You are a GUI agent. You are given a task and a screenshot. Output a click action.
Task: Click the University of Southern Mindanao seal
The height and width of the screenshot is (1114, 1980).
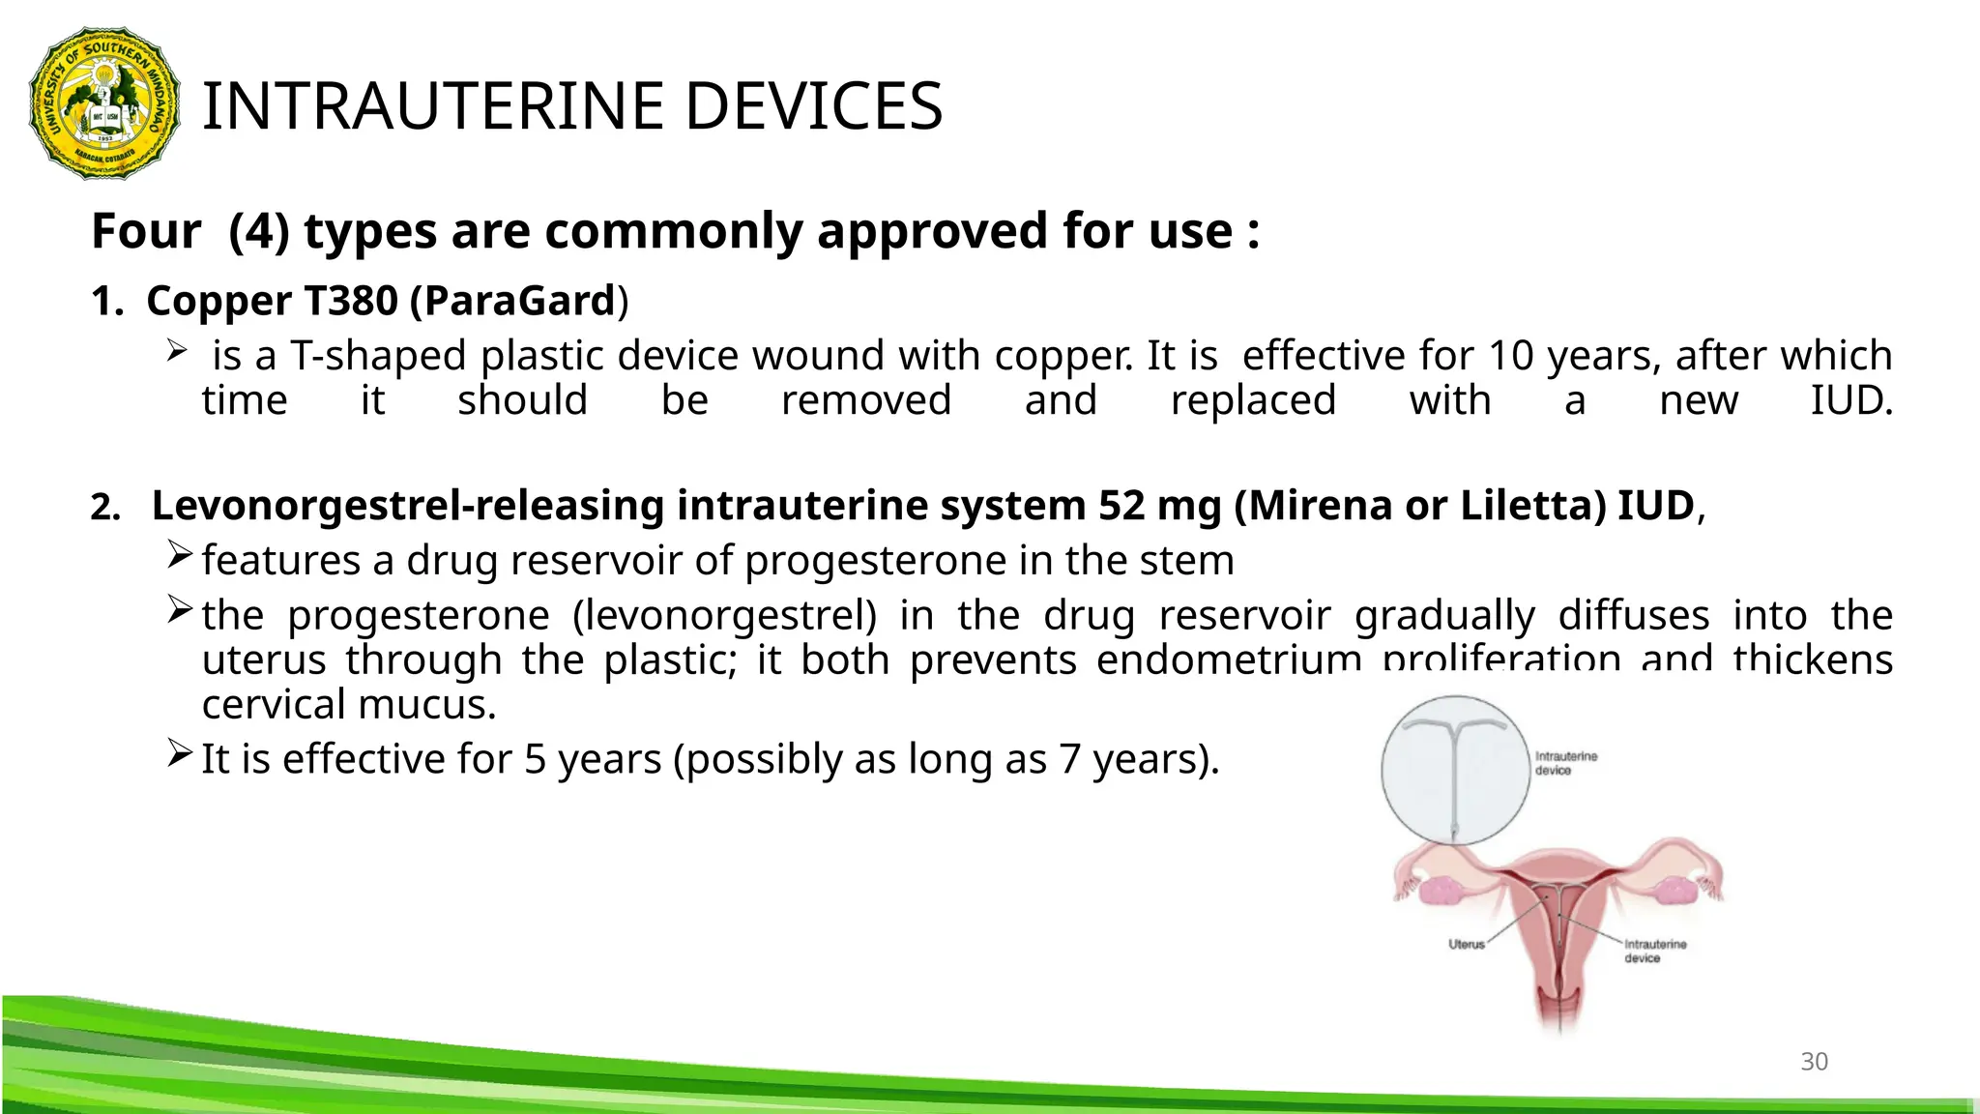[104, 103]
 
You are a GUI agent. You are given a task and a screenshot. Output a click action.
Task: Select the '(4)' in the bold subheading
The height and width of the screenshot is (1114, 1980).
[259, 232]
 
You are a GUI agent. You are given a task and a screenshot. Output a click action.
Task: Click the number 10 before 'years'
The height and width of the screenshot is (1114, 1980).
[1510, 356]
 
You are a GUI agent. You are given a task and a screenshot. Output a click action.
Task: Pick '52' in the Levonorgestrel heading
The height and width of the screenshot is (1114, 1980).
[1121, 506]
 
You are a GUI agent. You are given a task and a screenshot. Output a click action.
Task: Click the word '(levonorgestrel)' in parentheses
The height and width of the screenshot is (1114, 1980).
[724, 616]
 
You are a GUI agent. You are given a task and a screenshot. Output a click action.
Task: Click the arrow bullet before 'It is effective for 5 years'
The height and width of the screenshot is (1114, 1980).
[180, 753]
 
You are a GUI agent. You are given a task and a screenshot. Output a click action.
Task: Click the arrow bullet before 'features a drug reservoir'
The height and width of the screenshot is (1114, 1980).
[180, 555]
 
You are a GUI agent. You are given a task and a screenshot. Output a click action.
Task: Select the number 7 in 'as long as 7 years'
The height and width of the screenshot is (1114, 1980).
[1069, 760]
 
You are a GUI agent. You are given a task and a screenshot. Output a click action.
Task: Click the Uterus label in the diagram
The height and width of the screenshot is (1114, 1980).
[1466, 944]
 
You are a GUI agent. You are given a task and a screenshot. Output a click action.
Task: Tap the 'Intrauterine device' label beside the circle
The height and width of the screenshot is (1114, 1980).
[1566, 763]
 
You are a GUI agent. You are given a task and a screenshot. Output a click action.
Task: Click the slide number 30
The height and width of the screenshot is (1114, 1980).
[1814, 1062]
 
